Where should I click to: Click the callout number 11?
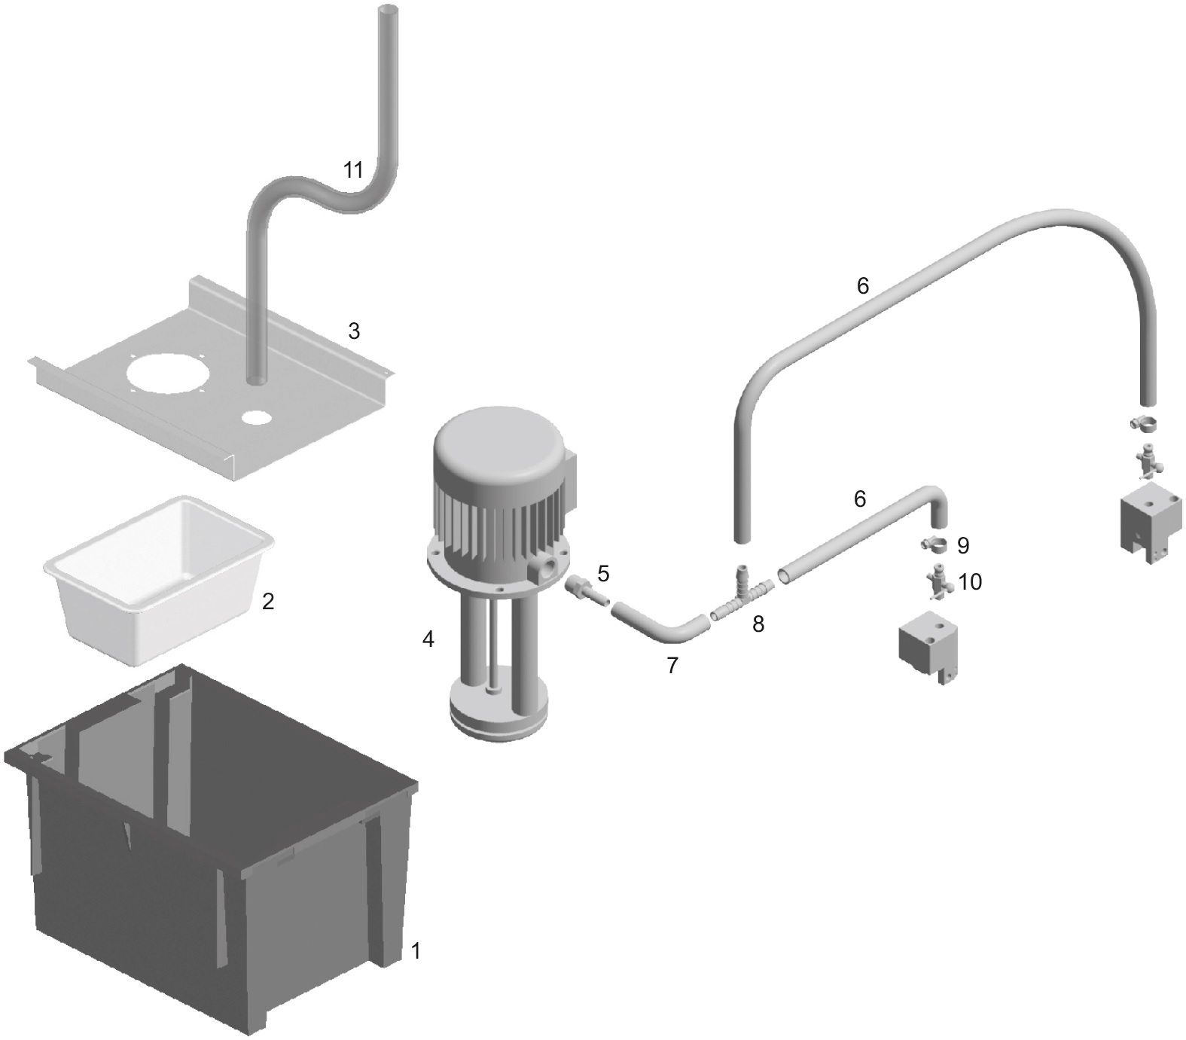tap(353, 170)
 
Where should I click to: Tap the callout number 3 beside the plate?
tap(353, 331)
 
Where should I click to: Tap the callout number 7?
tap(672, 665)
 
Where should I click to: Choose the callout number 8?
tap(758, 624)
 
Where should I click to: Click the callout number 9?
tap(963, 545)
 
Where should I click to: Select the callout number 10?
tap(971, 582)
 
